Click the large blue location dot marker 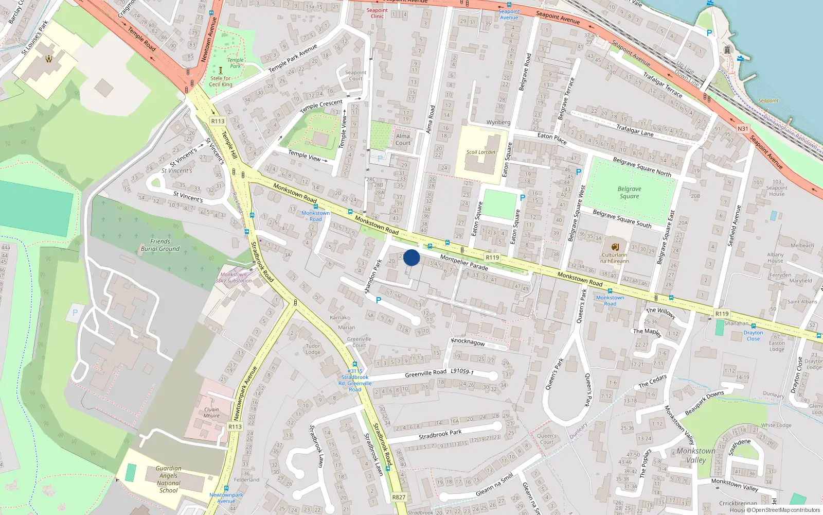pyautogui.click(x=411, y=257)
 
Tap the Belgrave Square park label pyautogui.click(x=629, y=193)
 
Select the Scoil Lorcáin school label pyautogui.click(x=481, y=152)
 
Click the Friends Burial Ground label pyautogui.click(x=160, y=245)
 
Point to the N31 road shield pyautogui.click(x=742, y=129)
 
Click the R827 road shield pyautogui.click(x=399, y=497)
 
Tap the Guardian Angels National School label pyautogui.click(x=168, y=479)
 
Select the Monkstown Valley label pyautogui.click(x=695, y=455)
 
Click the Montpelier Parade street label pyautogui.click(x=463, y=262)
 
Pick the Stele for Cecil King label pyautogui.click(x=221, y=81)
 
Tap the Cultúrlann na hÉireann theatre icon pyautogui.click(x=615, y=246)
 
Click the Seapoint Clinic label pyautogui.click(x=377, y=13)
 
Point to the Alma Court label pyautogui.click(x=403, y=140)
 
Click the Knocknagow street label pyautogui.click(x=468, y=342)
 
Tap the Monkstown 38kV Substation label pyautogui.click(x=234, y=278)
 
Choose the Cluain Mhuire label pyautogui.click(x=211, y=413)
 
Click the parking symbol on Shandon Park pyautogui.click(x=379, y=300)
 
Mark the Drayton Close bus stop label pyautogui.click(x=753, y=335)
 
